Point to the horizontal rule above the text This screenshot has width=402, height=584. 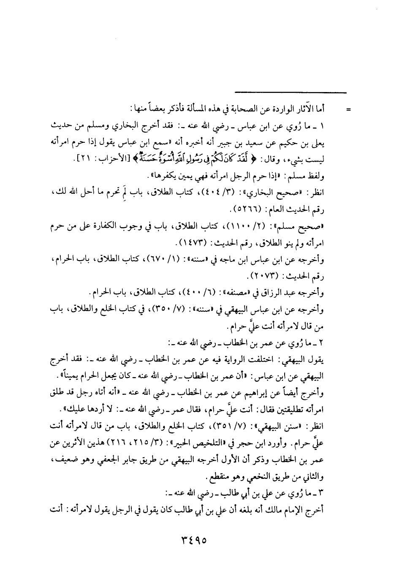(291, 93)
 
